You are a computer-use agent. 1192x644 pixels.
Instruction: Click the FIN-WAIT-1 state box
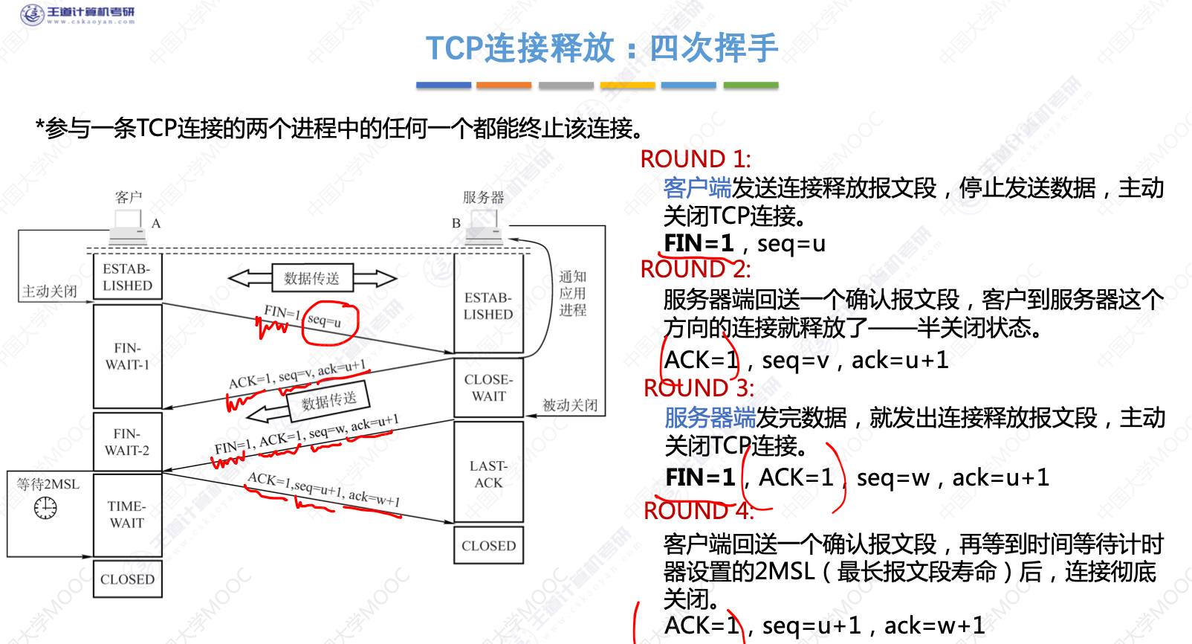click(127, 356)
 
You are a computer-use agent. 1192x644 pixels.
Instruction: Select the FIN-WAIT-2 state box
click(127, 442)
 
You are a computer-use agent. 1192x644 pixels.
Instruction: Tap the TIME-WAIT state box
click(127, 514)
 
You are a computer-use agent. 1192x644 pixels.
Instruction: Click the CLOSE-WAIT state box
click(488, 387)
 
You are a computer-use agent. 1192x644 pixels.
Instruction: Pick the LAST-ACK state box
click(488, 474)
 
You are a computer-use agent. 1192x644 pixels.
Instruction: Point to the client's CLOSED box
click(127, 579)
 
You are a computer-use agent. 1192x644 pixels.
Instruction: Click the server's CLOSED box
click(488, 545)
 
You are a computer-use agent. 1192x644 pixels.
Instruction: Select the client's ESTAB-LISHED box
click(127, 277)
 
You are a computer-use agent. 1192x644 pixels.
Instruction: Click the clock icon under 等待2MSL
click(45, 508)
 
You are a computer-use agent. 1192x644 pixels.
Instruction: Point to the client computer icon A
click(128, 225)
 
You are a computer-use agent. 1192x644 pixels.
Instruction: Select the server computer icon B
click(484, 225)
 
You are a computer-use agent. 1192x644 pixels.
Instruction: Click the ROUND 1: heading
click(696, 158)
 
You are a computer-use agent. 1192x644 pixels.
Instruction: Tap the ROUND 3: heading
click(699, 387)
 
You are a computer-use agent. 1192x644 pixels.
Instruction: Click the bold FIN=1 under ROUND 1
click(699, 243)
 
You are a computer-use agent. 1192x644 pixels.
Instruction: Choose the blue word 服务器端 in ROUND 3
click(710, 418)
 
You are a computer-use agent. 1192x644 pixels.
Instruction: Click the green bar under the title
click(751, 86)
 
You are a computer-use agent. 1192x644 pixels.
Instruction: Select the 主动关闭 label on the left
click(50, 291)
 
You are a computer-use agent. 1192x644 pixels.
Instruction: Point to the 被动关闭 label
click(570, 405)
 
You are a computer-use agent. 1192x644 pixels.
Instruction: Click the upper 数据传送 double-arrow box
click(311, 278)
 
